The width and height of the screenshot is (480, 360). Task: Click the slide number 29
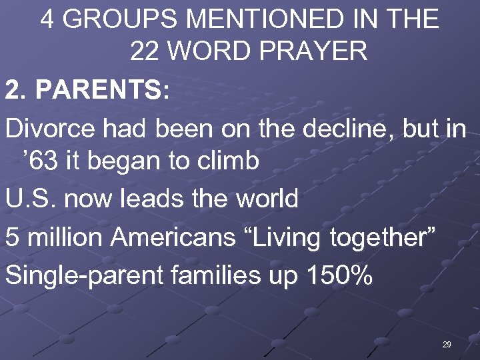[x=446, y=344]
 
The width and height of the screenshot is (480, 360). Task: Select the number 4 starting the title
[x=47, y=19]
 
